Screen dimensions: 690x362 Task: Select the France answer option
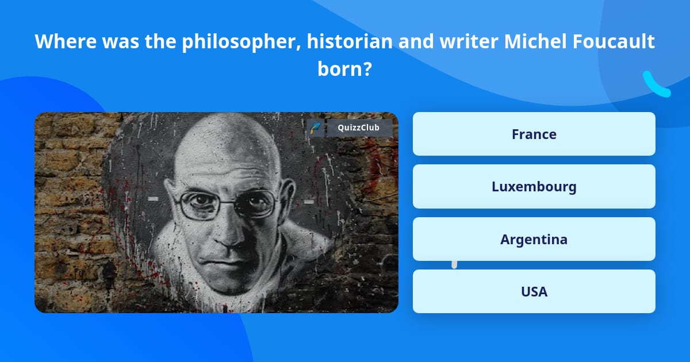coord(534,134)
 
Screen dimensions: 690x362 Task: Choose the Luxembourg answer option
coord(534,187)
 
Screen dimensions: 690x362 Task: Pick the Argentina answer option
coord(534,239)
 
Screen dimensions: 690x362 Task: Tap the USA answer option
coord(534,291)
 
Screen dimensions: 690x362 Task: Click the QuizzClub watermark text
coord(359,128)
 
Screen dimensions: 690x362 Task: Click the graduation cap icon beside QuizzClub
coord(316,128)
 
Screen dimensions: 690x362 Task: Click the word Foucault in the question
coord(614,41)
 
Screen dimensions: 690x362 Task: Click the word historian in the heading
coord(350,41)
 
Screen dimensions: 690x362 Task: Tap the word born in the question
coord(339,68)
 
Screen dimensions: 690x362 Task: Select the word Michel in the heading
coord(536,41)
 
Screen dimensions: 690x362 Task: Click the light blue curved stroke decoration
coord(656,85)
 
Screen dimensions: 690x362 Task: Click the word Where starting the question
coord(66,41)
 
